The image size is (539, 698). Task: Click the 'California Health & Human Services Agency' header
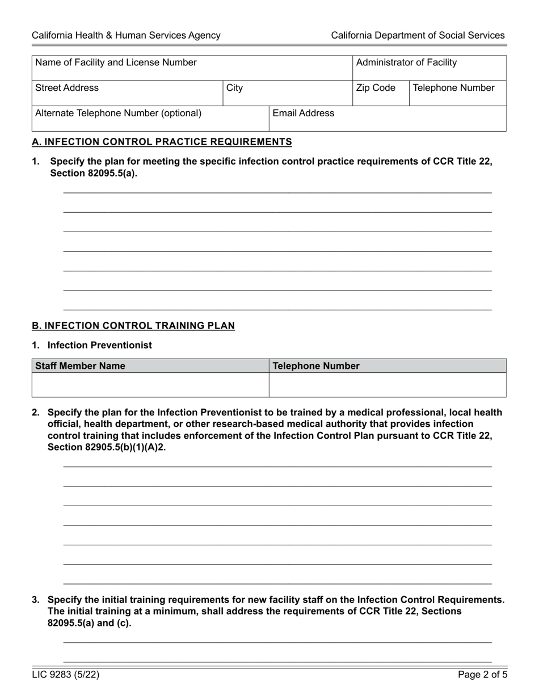(x=126, y=35)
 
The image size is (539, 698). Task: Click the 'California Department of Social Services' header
(x=418, y=35)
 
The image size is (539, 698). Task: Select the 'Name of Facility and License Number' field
(x=192, y=68)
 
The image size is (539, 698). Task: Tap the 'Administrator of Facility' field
(x=429, y=68)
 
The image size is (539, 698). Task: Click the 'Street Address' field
(x=127, y=93)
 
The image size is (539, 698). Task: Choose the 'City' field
(x=287, y=93)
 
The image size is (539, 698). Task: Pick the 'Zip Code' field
(x=380, y=93)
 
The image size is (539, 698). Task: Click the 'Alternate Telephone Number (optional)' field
(x=150, y=119)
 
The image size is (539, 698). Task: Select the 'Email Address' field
(x=387, y=119)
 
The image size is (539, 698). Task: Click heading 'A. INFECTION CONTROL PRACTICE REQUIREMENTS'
(x=162, y=142)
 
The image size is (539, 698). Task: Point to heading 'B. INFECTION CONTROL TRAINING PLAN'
(x=133, y=326)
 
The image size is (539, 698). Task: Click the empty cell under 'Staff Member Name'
(x=150, y=385)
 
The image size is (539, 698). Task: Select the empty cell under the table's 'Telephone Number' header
(x=387, y=385)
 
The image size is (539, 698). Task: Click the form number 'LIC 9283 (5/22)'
(x=66, y=675)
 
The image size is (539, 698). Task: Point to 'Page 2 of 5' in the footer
(x=481, y=675)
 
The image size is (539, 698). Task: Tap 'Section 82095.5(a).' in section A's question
(x=94, y=174)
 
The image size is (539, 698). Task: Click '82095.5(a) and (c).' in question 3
(x=89, y=623)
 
